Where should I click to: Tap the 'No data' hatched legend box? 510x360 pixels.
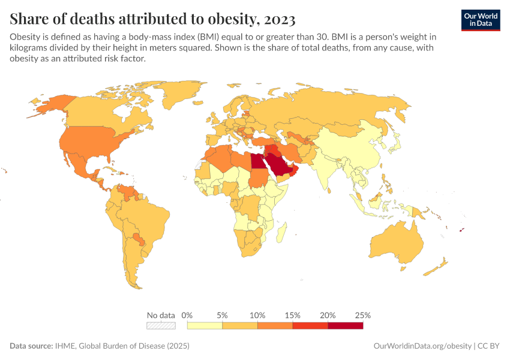coord(161,325)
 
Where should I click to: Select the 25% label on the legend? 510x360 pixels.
coord(363,315)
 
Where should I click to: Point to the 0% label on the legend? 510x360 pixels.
coord(187,315)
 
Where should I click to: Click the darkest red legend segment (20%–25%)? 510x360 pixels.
coord(346,325)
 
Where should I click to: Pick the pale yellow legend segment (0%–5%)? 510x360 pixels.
coord(205,325)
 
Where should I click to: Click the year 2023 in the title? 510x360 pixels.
coord(279,19)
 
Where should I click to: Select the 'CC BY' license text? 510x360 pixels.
coord(490,346)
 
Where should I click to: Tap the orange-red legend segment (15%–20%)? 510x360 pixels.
coord(310,325)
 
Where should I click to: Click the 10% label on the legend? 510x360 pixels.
coord(257,315)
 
